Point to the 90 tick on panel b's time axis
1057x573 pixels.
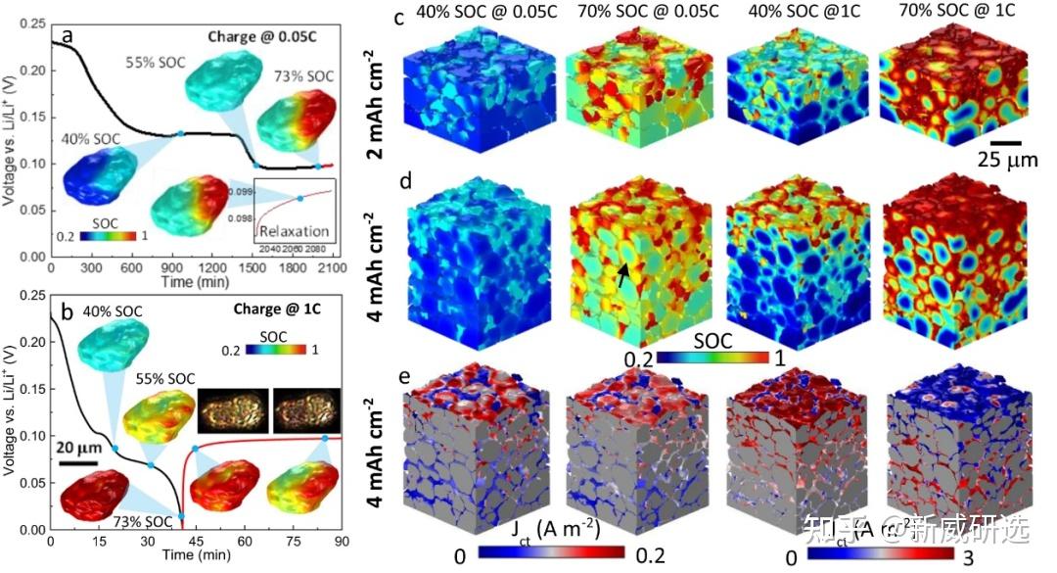tap(339, 539)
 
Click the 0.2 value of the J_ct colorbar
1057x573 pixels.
tap(649, 555)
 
